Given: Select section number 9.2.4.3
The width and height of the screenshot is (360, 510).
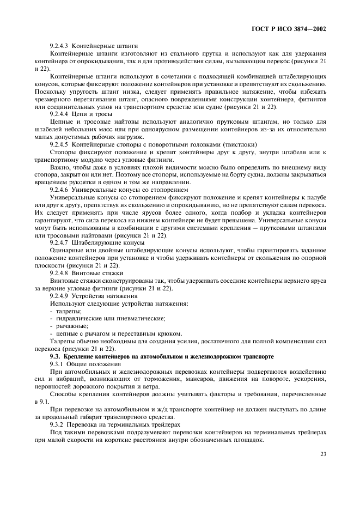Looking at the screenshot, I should pyautogui.click(x=59, y=46).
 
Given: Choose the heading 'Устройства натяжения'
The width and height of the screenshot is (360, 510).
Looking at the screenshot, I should pyautogui.click(x=105, y=295).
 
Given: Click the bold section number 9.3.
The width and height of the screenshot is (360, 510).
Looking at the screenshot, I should pyautogui.click(x=55, y=356).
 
